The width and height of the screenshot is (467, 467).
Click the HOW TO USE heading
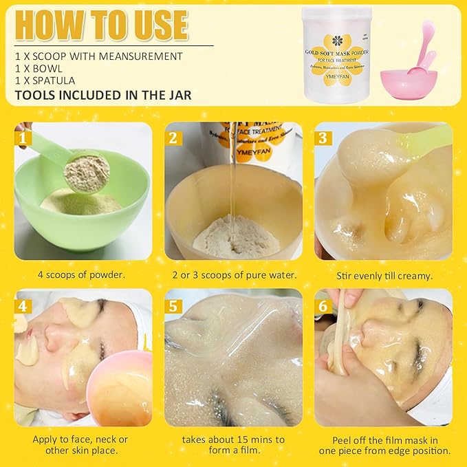click(101, 25)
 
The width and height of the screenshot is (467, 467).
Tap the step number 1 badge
click(25, 138)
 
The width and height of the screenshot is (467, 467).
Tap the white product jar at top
click(337, 55)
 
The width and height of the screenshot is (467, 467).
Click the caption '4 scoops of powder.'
click(83, 275)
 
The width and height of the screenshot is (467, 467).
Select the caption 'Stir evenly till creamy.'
click(384, 275)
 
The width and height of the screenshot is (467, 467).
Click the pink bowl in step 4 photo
click(120, 389)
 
